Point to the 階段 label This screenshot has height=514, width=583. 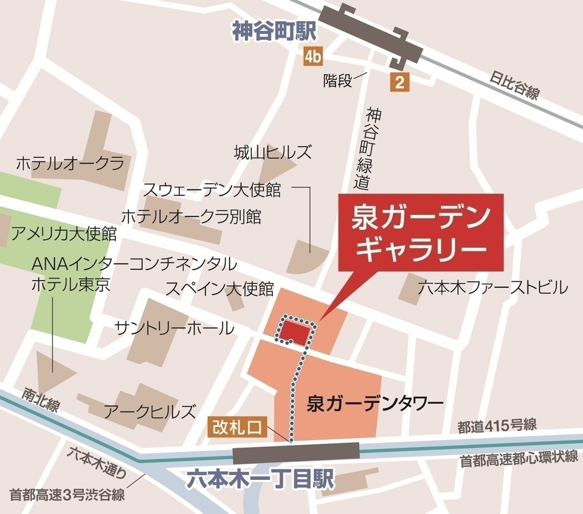click(x=337, y=81)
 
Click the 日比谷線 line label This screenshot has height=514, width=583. click(x=514, y=86)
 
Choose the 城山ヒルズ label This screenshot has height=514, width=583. click(x=273, y=152)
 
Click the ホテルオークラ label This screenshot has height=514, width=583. click(x=70, y=164)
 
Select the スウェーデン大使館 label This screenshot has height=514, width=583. click(x=212, y=189)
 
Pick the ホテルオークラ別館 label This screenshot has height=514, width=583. click(x=191, y=217)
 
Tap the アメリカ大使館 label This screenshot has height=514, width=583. click(x=65, y=234)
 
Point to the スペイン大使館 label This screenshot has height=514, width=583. click(x=220, y=289)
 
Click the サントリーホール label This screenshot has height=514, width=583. click(x=175, y=328)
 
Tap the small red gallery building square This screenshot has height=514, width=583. click(x=295, y=333)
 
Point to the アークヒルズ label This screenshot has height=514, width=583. click(x=150, y=411)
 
